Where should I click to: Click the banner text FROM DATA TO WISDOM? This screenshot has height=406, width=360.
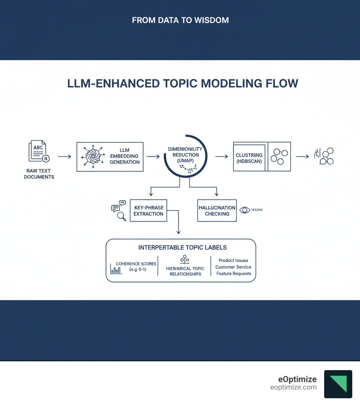(x=180, y=20)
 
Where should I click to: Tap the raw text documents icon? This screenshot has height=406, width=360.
(x=39, y=151)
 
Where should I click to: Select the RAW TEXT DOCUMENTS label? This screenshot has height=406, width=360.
(x=39, y=174)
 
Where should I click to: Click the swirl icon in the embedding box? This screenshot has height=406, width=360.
(x=93, y=157)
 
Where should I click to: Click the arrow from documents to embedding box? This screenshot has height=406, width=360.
(x=64, y=156)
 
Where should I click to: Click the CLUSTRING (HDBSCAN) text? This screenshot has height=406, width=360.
(x=249, y=158)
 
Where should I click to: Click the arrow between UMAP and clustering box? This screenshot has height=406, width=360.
(x=221, y=156)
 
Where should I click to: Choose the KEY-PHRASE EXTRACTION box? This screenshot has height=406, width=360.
(x=148, y=211)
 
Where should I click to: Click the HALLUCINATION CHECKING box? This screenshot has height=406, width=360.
(x=217, y=211)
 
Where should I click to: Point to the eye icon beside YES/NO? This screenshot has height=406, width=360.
(x=244, y=210)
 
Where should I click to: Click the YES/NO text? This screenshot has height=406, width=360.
(x=257, y=210)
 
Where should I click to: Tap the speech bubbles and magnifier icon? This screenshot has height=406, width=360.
(x=118, y=210)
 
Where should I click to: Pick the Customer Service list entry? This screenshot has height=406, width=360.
(x=233, y=267)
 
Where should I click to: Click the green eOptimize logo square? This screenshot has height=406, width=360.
(x=338, y=384)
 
